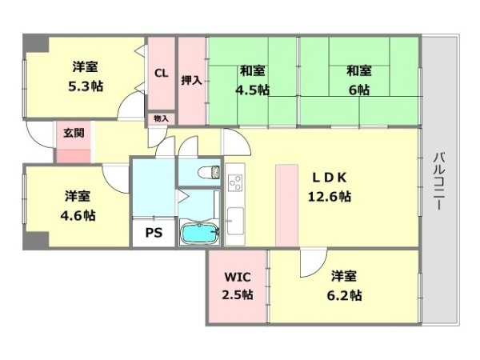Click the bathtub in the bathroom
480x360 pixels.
tap(200, 234)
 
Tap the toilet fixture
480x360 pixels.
tap(209, 172)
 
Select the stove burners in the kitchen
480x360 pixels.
tap(235, 182)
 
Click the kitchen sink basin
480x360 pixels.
tap(235, 221)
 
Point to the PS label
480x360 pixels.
tap(154, 233)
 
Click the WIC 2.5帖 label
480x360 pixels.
tap(238, 286)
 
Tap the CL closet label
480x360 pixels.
tap(162, 73)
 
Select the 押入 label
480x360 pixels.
tap(192, 80)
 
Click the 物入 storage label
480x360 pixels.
tap(161, 118)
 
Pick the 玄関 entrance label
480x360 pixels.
tap(74, 133)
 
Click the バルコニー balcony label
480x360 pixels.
tap(439, 182)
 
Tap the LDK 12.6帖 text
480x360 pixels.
tap(330, 186)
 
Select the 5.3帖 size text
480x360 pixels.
tap(86, 86)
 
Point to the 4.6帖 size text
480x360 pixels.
tap(78, 216)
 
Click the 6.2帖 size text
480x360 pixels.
tap(344, 296)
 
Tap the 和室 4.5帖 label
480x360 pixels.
tap(253, 80)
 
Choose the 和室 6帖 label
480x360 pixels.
tap(359, 80)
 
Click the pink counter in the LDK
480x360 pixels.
tap(287, 206)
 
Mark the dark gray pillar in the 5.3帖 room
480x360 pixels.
tap(36, 43)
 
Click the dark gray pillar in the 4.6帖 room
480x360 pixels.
tap(36, 241)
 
